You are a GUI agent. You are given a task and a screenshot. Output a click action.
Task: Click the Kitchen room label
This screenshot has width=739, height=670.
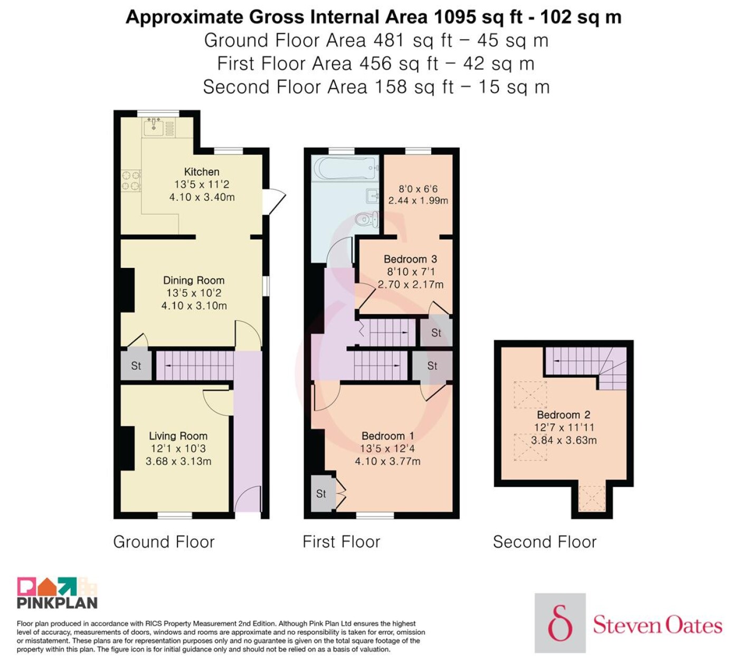coord(202,171)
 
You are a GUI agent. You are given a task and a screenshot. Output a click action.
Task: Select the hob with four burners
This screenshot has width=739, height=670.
coord(131,180)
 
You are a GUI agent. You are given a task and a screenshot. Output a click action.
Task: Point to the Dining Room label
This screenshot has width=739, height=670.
coord(194,280)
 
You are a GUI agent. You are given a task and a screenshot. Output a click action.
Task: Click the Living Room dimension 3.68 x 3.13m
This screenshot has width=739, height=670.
coord(178,461)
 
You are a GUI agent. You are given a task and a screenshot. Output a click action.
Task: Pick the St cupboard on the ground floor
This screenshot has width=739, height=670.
coord(136,366)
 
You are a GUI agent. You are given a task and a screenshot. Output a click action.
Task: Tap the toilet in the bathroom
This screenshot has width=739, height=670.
coord(367,219)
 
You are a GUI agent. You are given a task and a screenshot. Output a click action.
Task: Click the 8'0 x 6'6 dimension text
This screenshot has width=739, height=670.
coord(418,189)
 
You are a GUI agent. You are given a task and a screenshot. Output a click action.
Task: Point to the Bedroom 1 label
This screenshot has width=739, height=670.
coord(387,436)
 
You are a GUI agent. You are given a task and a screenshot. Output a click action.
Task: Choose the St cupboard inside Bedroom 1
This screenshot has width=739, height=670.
coord(321,494)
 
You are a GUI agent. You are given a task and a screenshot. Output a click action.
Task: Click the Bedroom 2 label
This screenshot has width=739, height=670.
coord(564,415)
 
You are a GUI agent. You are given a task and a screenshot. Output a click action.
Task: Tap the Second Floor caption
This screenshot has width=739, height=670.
coord(545,542)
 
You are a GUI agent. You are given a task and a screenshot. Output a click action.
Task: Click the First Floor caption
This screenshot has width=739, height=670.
coord(341,542)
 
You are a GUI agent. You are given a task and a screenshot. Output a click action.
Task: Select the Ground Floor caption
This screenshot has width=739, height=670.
coord(164,542)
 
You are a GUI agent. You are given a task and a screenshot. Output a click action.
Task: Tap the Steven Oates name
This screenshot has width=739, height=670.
coord(657,626)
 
